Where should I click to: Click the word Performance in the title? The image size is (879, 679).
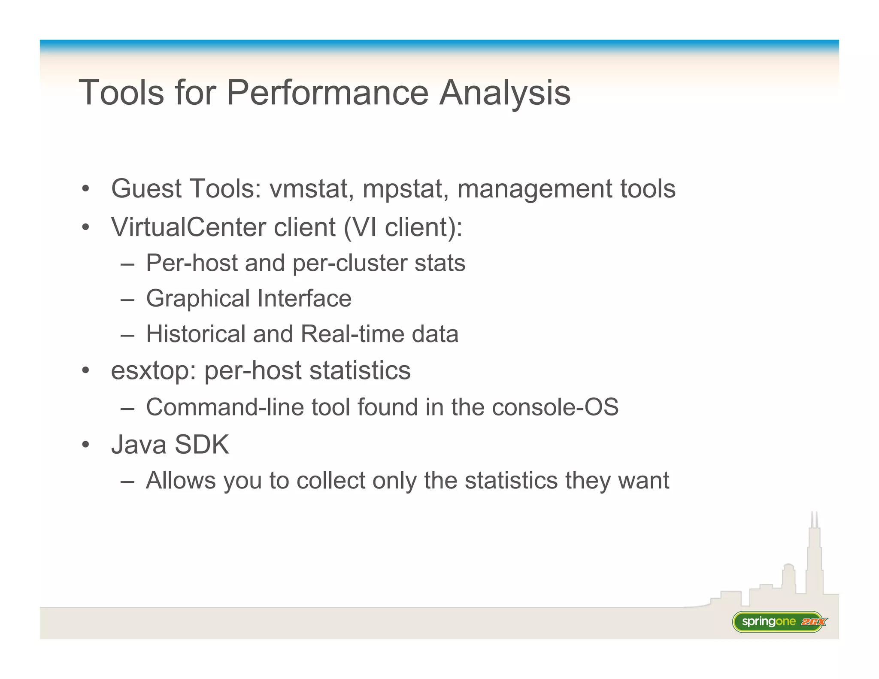coord(327,92)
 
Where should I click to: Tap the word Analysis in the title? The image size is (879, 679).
coord(505,92)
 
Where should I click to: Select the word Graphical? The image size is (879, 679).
coord(198,298)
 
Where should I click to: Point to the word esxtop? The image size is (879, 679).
coord(153,370)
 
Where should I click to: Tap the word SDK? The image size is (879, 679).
coord(202,444)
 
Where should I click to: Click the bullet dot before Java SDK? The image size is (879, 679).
coord(86,445)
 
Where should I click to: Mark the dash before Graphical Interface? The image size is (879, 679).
coord(127,299)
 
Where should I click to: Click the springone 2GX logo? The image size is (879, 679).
coord(779,621)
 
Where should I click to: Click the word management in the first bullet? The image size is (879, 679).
coord(535,188)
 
